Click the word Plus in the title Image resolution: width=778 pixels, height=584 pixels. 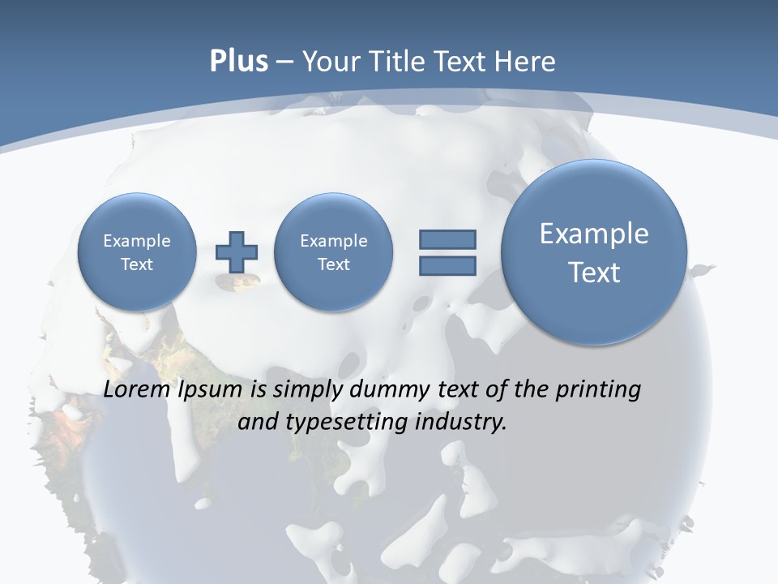tap(238, 62)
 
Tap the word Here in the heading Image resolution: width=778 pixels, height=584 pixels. tap(527, 62)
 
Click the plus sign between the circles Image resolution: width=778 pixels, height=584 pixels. tap(237, 252)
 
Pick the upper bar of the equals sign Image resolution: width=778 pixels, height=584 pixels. tap(447, 239)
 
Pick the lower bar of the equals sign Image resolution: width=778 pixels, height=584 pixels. tap(447, 265)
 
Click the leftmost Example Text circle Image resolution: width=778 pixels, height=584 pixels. tap(137, 252)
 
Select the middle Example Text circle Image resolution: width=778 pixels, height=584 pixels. tap(333, 252)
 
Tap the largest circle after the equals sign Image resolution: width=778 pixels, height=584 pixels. tap(594, 252)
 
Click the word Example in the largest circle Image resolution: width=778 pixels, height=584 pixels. tap(594, 234)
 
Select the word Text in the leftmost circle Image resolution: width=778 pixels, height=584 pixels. tap(137, 264)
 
